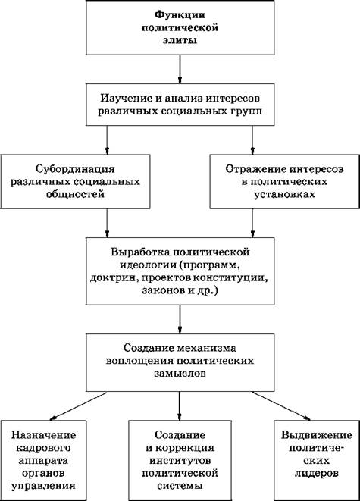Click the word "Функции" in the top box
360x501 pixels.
click(180, 15)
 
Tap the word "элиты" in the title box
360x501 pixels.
click(180, 41)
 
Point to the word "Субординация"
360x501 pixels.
click(75, 168)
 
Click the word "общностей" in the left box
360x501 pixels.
click(75, 194)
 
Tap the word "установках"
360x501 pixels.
click(285, 194)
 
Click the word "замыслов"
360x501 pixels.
click(180, 374)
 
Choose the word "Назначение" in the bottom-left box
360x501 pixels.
click(44, 435)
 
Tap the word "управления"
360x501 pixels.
click(44, 487)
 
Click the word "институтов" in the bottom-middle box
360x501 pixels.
click(180, 460)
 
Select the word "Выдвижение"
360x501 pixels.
click(317, 435)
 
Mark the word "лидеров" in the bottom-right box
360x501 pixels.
click(317, 474)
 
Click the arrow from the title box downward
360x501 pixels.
click(180, 69)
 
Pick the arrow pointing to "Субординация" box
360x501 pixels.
click(107, 140)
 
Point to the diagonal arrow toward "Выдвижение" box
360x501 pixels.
click(281, 405)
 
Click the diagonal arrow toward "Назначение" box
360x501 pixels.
click(78, 405)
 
